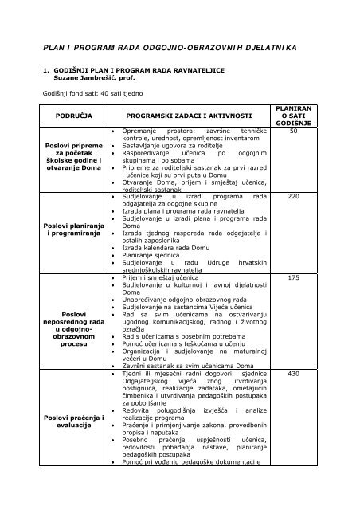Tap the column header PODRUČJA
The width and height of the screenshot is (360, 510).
click(74, 115)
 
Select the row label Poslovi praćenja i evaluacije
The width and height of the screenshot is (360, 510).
click(74, 422)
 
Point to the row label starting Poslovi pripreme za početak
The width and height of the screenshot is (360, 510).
click(74, 160)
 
